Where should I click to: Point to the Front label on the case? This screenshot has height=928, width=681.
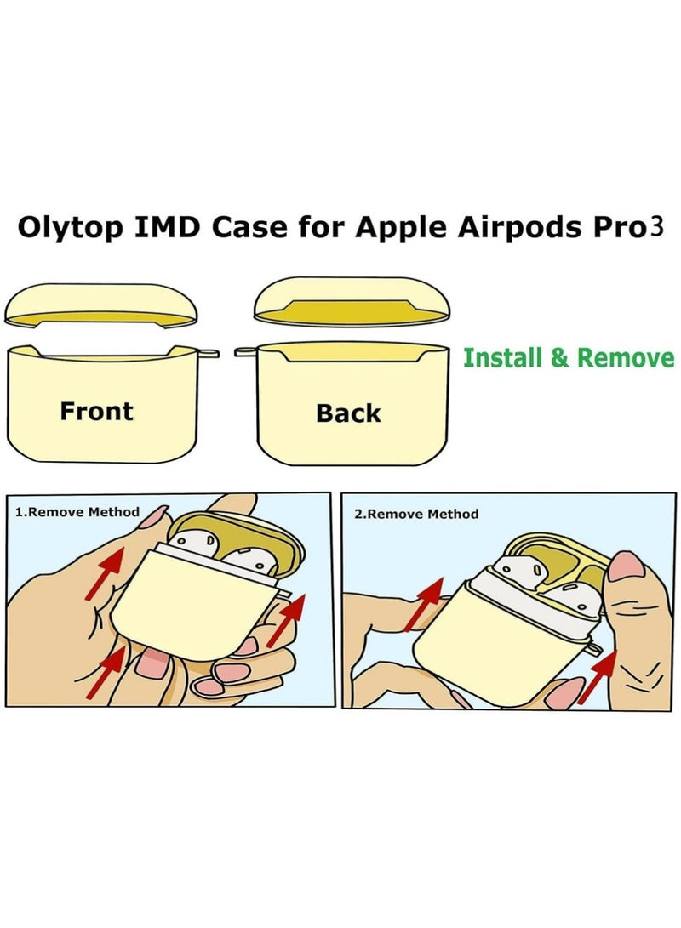tap(96, 412)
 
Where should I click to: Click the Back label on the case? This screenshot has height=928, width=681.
tap(348, 413)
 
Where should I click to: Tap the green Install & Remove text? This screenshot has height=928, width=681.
tap(568, 357)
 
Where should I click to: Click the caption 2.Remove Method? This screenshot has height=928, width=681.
tap(416, 514)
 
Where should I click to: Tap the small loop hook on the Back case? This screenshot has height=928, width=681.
tap(243, 350)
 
